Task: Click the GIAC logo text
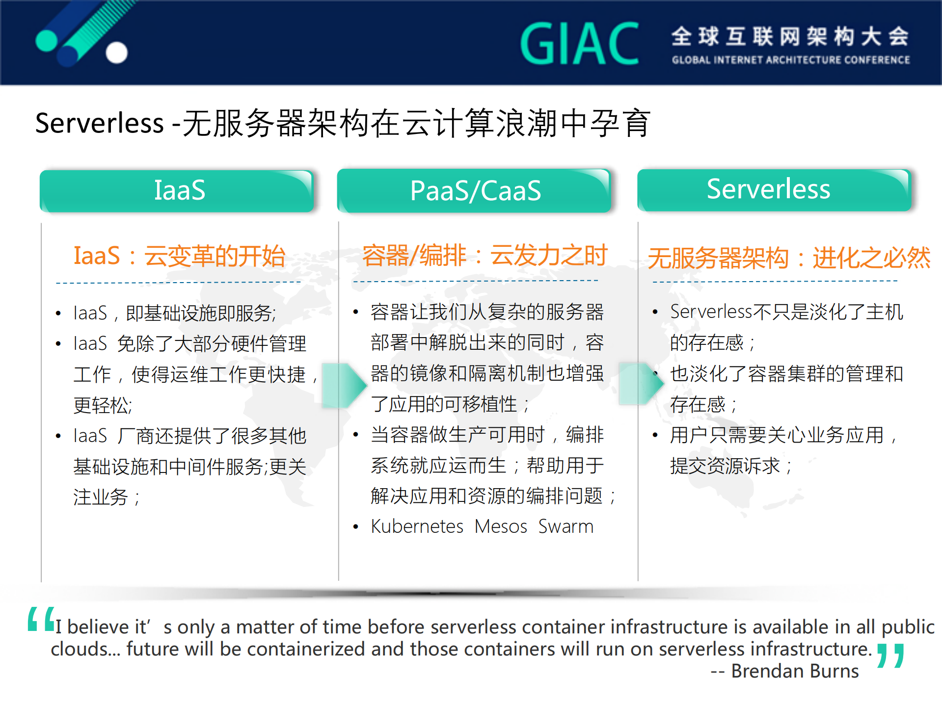579,44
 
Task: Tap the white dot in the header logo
117,52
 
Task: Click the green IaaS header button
177,191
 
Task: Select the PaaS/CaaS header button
474,191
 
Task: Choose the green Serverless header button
774,190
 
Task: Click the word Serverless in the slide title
99,123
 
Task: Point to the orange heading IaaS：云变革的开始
179,256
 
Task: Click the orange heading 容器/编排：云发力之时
484,255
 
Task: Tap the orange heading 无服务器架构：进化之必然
788,258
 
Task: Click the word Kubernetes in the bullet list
417,526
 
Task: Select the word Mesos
500,526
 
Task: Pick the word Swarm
565,526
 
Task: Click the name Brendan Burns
795,671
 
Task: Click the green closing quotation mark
890,656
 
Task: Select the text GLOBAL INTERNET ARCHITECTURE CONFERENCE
790,60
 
